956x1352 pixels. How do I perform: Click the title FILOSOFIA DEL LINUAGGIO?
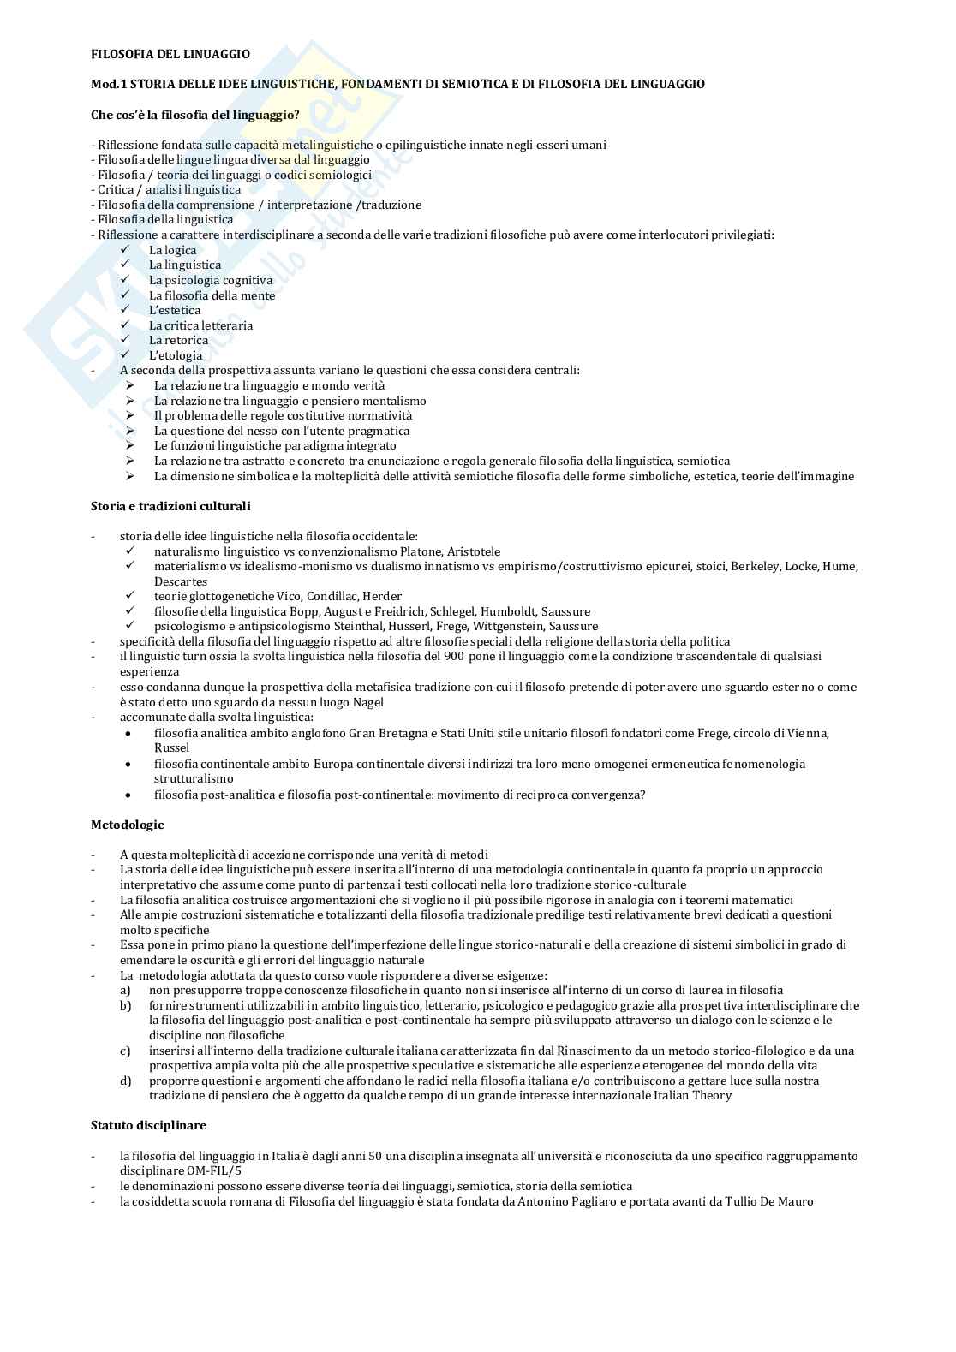click(x=170, y=54)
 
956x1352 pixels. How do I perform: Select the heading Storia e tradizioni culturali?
click(x=170, y=506)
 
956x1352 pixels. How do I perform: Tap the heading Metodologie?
click(x=128, y=825)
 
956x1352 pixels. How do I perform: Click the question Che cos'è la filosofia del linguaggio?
click(x=195, y=115)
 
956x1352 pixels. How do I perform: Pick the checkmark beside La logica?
click(x=125, y=249)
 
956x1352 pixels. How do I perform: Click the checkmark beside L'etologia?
click(x=125, y=354)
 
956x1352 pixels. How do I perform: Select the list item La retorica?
click(x=178, y=340)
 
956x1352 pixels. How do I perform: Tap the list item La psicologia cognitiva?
click(x=211, y=280)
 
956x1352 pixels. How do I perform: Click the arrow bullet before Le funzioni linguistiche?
click(x=130, y=445)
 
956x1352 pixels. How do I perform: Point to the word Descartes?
click(x=181, y=581)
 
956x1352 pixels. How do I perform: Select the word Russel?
click(x=171, y=747)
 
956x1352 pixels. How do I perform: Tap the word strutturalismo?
click(x=194, y=778)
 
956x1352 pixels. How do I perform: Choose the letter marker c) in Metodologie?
click(x=125, y=1051)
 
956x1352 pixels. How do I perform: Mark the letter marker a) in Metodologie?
click(x=125, y=990)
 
